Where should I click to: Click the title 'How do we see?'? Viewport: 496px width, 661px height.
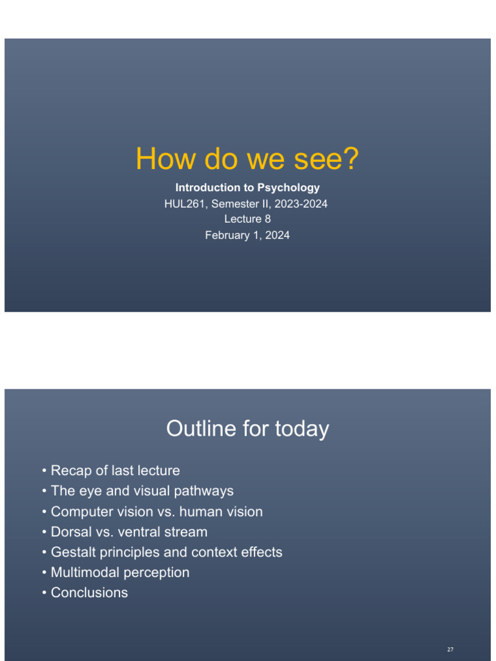[247, 159]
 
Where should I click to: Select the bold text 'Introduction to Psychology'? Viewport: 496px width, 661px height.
[247, 188]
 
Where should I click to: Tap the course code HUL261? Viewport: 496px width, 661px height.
[183, 204]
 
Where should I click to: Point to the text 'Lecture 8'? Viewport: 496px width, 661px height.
[247, 219]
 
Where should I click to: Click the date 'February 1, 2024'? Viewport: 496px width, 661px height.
[247, 236]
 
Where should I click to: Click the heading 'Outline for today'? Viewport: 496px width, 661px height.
[247, 429]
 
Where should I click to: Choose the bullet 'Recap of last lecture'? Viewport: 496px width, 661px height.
[115, 471]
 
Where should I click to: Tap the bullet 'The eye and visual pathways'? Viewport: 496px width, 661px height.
[142, 491]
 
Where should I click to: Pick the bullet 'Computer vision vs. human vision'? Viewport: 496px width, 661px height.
[156, 512]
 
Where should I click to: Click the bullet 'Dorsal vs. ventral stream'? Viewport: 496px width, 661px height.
[129, 532]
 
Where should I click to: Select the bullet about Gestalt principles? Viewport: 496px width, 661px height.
[166, 553]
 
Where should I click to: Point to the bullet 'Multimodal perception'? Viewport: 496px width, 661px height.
[120, 573]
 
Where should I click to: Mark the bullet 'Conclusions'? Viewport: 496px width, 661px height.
[89, 593]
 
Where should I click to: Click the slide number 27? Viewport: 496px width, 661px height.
[450, 649]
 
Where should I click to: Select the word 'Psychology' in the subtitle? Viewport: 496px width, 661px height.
[289, 188]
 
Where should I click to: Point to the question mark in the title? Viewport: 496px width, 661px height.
[349, 159]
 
